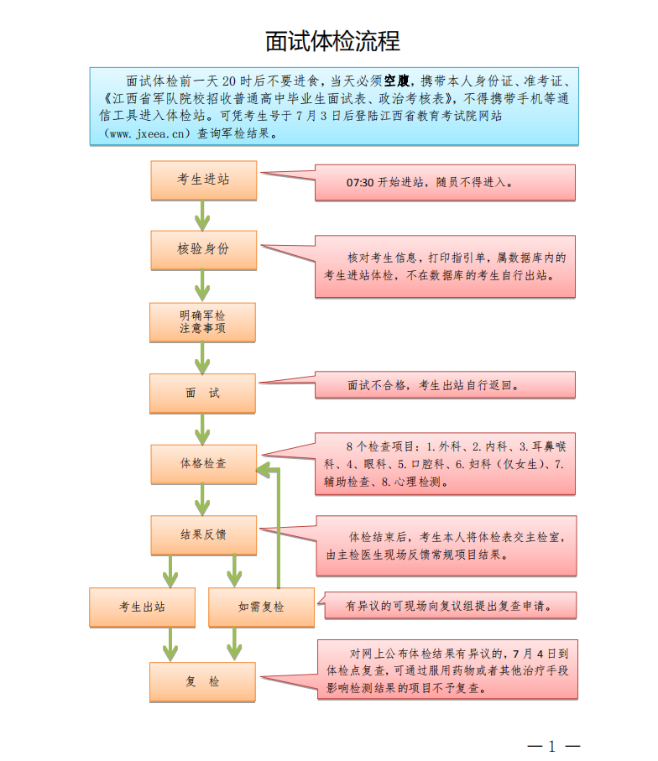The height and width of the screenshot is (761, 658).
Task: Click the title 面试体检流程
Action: [332, 40]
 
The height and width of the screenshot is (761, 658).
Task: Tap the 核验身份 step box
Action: [203, 249]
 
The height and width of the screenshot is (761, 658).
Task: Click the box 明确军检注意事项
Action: [202, 321]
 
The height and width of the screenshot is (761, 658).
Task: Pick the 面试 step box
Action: [202, 393]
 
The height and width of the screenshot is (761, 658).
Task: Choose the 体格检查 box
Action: [202, 463]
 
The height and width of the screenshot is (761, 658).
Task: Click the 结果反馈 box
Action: [202, 534]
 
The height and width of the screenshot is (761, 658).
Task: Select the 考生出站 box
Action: [141, 607]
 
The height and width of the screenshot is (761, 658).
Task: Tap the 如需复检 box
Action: [261, 607]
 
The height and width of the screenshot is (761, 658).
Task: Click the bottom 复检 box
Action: [202, 681]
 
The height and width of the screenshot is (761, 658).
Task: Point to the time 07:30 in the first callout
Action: [359, 182]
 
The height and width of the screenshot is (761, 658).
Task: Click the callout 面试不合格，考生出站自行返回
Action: [445, 386]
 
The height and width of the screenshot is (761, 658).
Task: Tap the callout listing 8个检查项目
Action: [445, 463]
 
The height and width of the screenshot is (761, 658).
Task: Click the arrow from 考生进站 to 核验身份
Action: [202, 216]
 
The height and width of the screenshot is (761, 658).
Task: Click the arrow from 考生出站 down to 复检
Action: [170, 644]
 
